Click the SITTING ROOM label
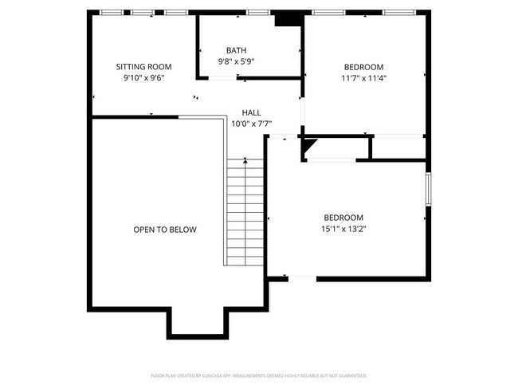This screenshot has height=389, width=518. [143, 67]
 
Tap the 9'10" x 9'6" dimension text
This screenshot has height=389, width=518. [143, 79]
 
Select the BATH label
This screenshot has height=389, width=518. [236, 50]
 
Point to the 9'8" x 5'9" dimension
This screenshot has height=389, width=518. [236, 61]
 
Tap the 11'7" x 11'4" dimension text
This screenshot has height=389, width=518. [363, 78]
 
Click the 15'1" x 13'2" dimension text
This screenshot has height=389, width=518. [343, 229]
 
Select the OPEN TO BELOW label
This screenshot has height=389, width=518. [164, 230]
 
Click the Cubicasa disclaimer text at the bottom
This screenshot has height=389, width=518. [258, 375]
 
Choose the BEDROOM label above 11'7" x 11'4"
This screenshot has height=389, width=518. [363, 67]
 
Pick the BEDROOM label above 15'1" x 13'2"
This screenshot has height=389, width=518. [343, 218]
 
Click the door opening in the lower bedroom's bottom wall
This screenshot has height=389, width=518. [302, 278]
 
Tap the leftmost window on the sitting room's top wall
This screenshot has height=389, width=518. [112, 13]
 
